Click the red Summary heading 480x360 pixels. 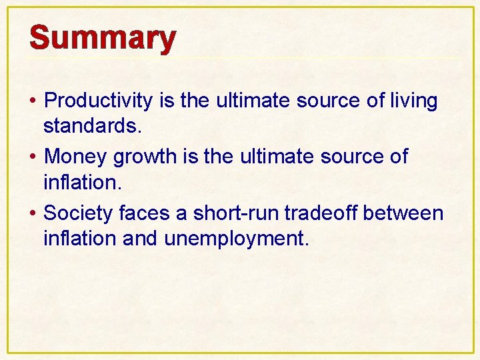click(x=103, y=38)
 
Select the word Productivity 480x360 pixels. click(x=99, y=101)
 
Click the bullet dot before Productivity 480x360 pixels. click(x=33, y=102)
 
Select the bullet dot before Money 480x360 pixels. click(x=33, y=158)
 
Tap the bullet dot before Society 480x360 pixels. click(x=33, y=214)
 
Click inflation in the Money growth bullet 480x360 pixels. click(x=82, y=181)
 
